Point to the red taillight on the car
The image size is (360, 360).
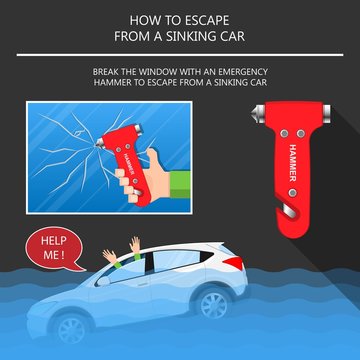(x=231, y=264)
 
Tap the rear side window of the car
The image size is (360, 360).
(x=190, y=262)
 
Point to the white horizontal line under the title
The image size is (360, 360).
(x=180, y=54)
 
